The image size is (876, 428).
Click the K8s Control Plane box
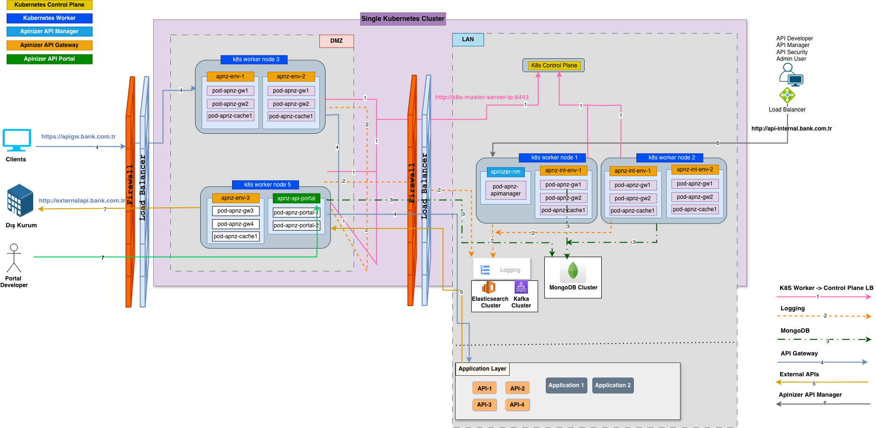click(x=553, y=65)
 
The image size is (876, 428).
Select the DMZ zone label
click(x=336, y=41)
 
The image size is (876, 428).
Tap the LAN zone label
click(x=468, y=39)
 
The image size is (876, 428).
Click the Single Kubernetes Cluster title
click(x=403, y=19)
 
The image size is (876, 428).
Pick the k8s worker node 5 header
click(x=267, y=185)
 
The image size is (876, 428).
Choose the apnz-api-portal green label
click(x=296, y=198)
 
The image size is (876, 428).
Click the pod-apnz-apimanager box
click(x=505, y=190)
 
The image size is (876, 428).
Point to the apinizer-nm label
click(x=505, y=172)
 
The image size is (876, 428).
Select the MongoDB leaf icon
click(x=573, y=271)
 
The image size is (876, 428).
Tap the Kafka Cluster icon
click(x=521, y=287)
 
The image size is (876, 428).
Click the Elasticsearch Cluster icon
click(x=489, y=288)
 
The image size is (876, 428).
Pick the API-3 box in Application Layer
click(x=484, y=405)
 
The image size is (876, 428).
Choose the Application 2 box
click(x=613, y=385)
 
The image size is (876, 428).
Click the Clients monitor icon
click(x=17, y=140)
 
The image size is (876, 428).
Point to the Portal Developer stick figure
click(x=14, y=259)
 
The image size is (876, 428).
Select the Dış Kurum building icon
click(x=20, y=200)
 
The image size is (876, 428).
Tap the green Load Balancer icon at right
click(x=787, y=95)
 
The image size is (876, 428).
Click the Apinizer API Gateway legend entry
click(x=49, y=45)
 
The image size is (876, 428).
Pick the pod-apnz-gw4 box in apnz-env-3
click(x=235, y=224)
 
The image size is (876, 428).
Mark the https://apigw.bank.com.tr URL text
click(x=78, y=137)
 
